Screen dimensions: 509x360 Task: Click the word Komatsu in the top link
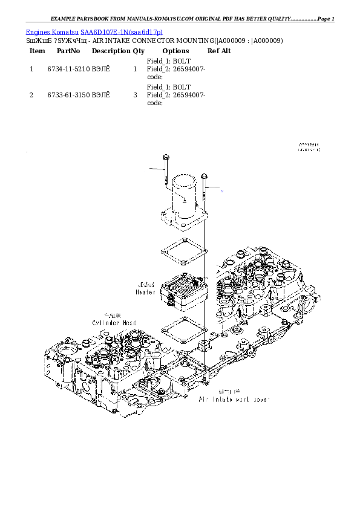[66, 31]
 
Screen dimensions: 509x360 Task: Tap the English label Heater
[145, 291]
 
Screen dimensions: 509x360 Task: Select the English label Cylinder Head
[114, 323]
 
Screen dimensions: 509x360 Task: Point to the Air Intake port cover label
[234, 400]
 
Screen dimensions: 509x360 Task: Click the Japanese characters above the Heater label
[146, 284]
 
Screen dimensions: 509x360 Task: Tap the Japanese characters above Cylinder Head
[113, 316]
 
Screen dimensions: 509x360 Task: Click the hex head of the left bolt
[165, 158]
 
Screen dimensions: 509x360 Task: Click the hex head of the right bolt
[205, 176]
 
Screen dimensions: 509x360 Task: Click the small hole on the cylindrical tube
[186, 201]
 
